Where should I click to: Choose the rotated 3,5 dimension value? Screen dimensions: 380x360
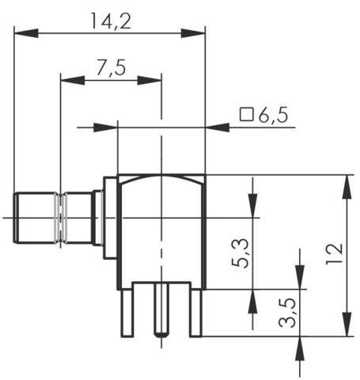[289, 313]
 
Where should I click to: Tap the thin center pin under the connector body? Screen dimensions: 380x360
[161, 313]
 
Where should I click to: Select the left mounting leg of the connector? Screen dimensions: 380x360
[126, 313]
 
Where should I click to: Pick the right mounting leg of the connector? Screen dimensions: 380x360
[195, 313]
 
